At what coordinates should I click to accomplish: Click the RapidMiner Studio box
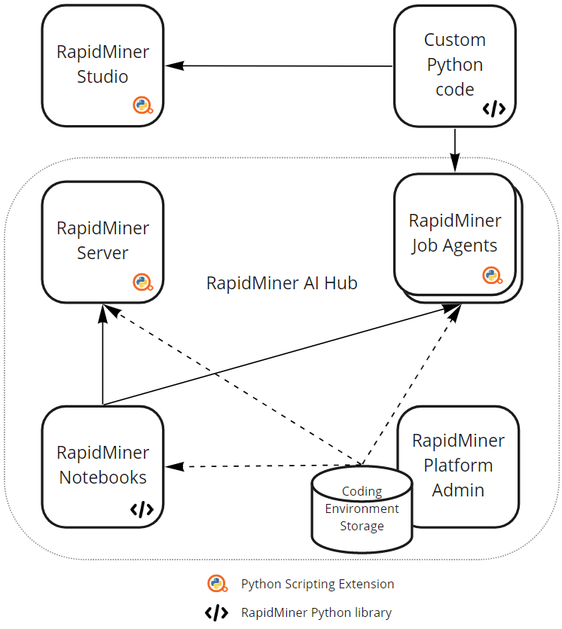[102, 66]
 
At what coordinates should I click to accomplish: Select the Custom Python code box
[454, 66]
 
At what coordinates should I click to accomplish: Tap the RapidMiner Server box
[102, 241]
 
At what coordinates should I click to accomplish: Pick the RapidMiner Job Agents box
[454, 234]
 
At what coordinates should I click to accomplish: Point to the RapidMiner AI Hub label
[282, 284]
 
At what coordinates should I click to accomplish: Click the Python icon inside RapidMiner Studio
[142, 105]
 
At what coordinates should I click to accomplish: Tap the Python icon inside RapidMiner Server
[142, 282]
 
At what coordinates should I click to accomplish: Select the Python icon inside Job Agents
[493, 276]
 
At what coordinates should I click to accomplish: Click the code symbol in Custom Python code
[493, 109]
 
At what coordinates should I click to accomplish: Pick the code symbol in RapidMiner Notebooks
[142, 509]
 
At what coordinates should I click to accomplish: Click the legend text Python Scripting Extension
[317, 584]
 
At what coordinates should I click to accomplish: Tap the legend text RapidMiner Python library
[316, 612]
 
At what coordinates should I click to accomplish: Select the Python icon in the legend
[217, 584]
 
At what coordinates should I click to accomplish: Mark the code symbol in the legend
[217, 612]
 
